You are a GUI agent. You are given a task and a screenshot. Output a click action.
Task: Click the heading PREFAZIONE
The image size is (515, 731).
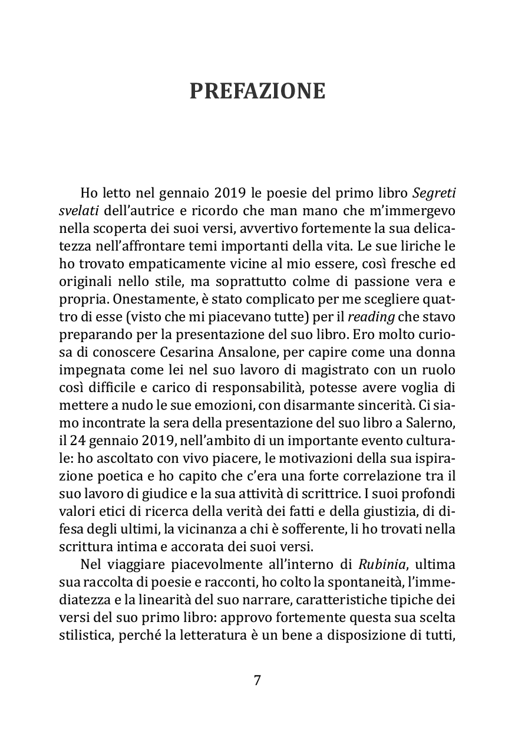(x=257, y=91)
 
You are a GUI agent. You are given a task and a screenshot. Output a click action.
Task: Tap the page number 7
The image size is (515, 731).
(x=257, y=680)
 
